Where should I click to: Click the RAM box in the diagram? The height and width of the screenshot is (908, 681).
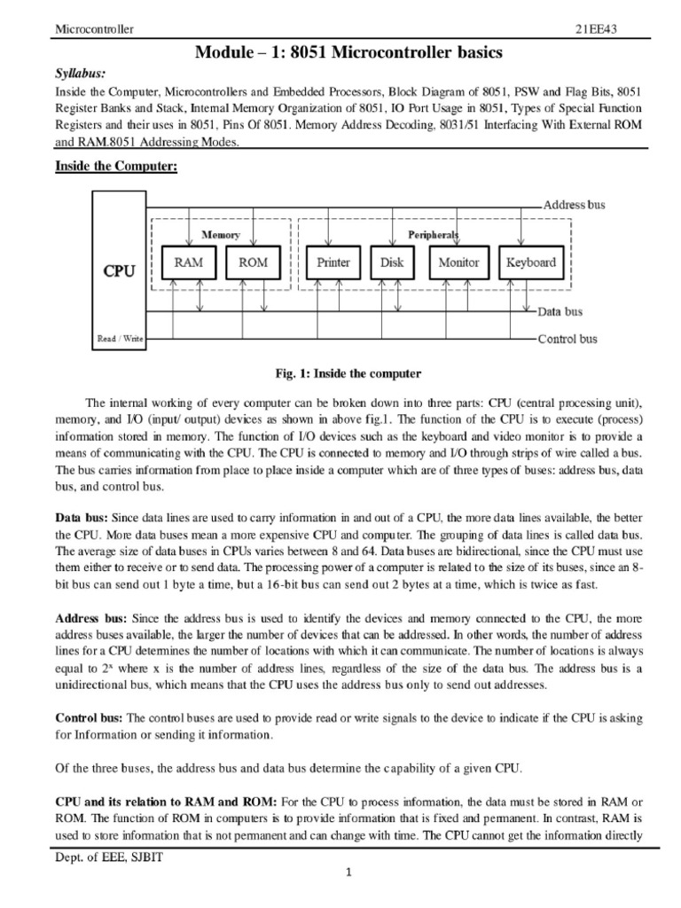pyautogui.click(x=189, y=262)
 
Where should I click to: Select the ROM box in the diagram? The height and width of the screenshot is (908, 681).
pyautogui.click(x=253, y=262)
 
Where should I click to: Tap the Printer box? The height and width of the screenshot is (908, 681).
pyautogui.click(x=333, y=262)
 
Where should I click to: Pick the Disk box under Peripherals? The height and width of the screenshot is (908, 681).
pyautogui.click(x=392, y=262)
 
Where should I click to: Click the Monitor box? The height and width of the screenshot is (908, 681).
pyautogui.click(x=458, y=262)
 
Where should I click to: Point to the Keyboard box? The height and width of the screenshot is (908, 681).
pyautogui.click(x=530, y=262)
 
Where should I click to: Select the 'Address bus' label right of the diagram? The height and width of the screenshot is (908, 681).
pyautogui.click(x=574, y=205)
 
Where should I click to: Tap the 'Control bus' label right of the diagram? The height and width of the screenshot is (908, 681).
pyautogui.click(x=567, y=339)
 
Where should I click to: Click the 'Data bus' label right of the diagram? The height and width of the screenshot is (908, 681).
pyautogui.click(x=560, y=312)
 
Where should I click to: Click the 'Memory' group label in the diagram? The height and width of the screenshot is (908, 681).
pyautogui.click(x=221, y=235)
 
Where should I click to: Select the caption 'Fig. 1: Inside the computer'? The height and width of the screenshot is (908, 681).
pyautogui.click(x=340, y=373)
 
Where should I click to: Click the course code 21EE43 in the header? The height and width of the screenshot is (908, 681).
pyautogui.click(x=599, y=29)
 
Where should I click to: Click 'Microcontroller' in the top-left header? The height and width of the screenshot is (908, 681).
pyautogui.click(x=95, y=29)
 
